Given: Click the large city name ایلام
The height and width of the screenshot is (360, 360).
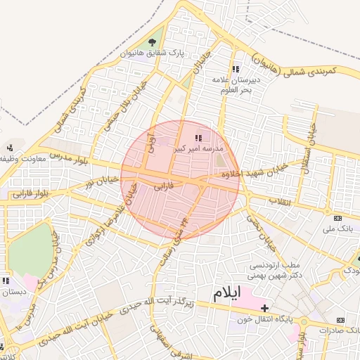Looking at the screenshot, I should click(226, 291).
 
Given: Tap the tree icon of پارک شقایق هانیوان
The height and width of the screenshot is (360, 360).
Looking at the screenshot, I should click(152, 42).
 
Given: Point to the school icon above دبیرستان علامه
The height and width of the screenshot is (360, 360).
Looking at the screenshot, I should click(235, 69).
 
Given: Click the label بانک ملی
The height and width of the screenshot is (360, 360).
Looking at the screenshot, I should click(337, 229).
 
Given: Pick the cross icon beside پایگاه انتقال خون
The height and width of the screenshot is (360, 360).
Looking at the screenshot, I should click(264, 309).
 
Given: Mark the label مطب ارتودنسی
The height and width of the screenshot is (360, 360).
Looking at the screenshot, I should click(276, 265).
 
